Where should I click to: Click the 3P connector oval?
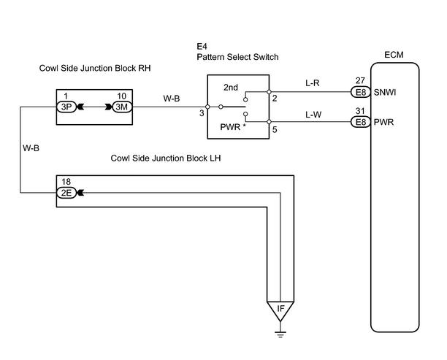point(66,107)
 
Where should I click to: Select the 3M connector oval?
point(123,107)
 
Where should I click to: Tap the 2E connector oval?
point(66,193)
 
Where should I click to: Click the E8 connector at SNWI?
point(361,92)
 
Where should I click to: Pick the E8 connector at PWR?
point(361,122)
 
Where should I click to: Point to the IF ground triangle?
point(280,310)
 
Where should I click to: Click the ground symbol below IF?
point(280,334)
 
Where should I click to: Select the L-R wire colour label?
point(313,83)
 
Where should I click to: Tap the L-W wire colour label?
point(313,115)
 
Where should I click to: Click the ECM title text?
point(394,55)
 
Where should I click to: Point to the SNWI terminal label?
point(385,92)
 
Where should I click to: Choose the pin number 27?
point(360,80)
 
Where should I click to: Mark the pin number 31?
point(360,110)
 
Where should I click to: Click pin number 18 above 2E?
point(66,182)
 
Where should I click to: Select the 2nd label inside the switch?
point(231,87)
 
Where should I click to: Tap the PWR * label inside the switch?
point(233,127)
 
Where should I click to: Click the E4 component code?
point(202,47)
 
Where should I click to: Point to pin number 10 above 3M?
point(122,96)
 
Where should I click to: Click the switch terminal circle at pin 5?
point(269,122)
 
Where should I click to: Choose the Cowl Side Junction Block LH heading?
point(166,158)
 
